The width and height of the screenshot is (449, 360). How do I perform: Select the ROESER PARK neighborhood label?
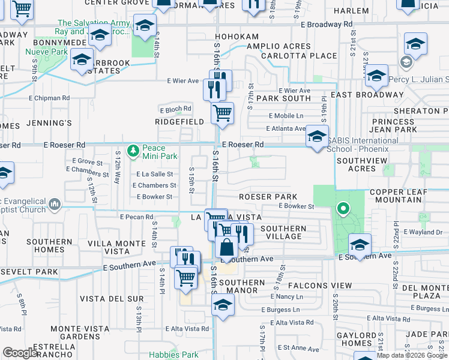tap(268, 196)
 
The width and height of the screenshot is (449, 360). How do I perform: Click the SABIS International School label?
tap(363, 145)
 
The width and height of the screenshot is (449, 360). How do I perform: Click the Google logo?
tap(20, 352)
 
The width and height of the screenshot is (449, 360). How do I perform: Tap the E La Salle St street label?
tap(154, 174)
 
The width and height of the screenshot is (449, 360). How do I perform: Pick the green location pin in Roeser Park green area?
tap(343, 209)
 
